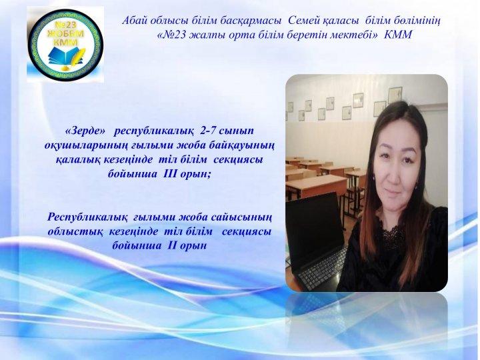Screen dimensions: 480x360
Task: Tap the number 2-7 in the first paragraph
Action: [x=207, y=131]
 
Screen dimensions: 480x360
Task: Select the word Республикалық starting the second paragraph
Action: [x=87, y=217]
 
